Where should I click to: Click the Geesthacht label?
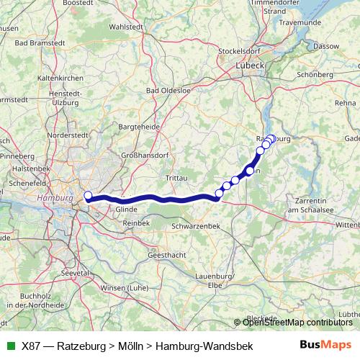[167, 256]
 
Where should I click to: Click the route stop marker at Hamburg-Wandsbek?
[88, 196]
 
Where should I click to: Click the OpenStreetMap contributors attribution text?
[298, 322]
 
